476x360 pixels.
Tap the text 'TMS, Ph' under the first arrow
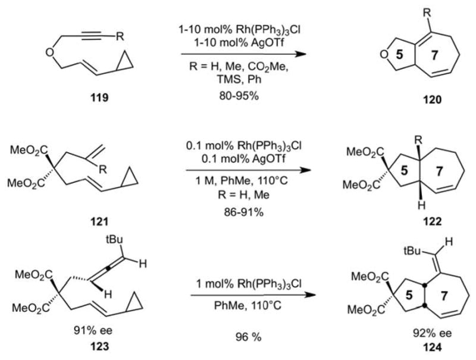(243, 96)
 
